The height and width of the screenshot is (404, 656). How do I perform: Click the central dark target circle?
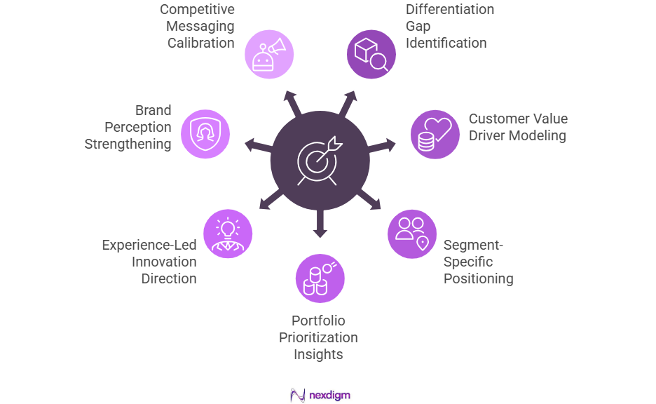pyautogui.click(x=320, y=161)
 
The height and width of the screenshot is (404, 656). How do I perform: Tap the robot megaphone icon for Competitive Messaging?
pyautogui.click(x=269, y=54)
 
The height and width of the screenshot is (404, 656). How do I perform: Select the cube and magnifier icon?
pyautogui.click(x=371, y=54)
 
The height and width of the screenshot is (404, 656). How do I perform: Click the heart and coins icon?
pyautogui.click(x=435, y=134)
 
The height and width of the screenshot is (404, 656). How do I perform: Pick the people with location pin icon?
pyautogui.click(x=412, y=234)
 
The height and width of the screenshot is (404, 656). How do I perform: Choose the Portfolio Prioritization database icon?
pyautogui.click(x=320, y=278)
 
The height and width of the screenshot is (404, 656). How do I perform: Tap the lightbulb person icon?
pyautogui.click(x=227, y=234)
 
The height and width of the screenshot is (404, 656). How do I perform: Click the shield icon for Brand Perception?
pyautogui.click(x=205, y=134)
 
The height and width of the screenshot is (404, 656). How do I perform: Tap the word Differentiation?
pyautogui.click(x=450, y=10)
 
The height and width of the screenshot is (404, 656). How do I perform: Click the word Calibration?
pyautogui.click(x=200, y=43)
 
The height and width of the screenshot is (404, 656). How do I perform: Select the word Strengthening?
pyautogui.click(x=128, y=144)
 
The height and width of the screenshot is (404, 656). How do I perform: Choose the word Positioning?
pyautogui.click(x=478, y=278)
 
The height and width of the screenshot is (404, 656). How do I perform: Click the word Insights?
pyautogui.click(x=318, y=354)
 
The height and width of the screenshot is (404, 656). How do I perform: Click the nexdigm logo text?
pyautogui.click(x=329, y=395)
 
